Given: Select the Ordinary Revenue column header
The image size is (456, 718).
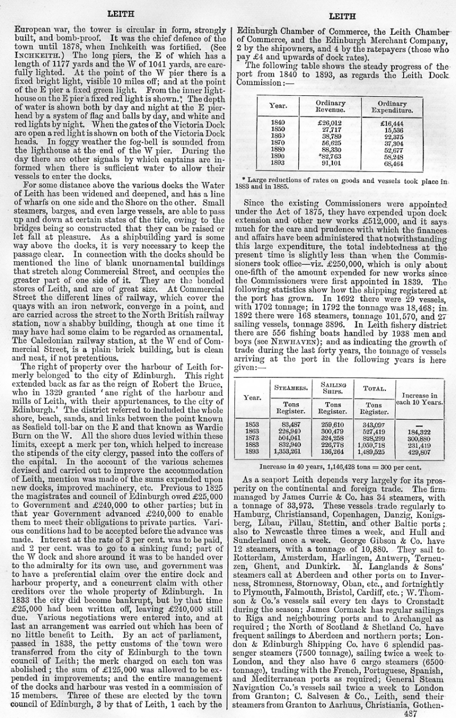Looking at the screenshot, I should tap(330, 107).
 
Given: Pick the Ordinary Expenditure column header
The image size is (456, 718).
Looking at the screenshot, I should tap(392, 107).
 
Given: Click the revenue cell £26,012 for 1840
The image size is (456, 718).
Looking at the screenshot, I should tap(331, 123).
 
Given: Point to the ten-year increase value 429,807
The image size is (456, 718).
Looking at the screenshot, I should tap(419, 452).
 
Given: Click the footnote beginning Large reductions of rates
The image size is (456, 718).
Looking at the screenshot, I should tap(342, 183).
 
